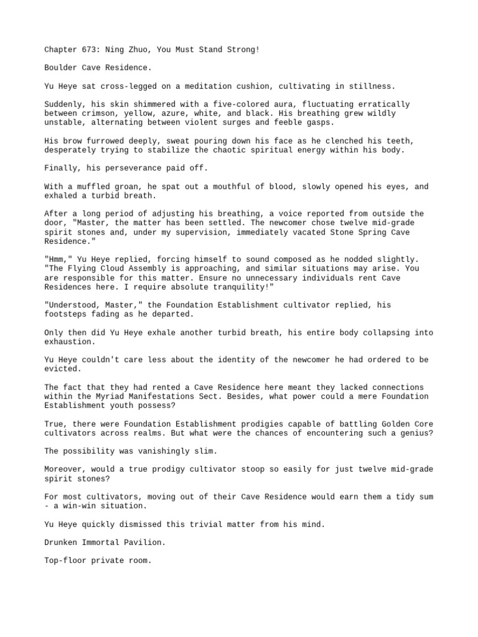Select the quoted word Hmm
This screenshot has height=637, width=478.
(x=57, y=259)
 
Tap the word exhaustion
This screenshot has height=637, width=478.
(x=70, y=342)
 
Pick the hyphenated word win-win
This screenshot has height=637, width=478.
(x=76, y=506)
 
